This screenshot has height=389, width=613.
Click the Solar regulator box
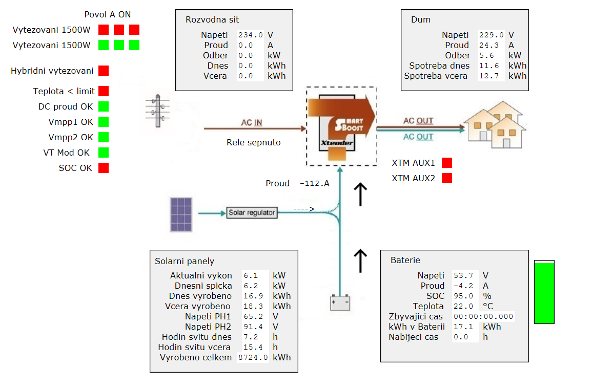(x=252, y=212)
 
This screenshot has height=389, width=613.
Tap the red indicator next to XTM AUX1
(x=447, y=163)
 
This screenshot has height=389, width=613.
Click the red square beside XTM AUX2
(x=447, y=178)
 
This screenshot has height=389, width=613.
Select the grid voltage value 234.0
(x=250, y=35)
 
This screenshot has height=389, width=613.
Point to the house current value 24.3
(x=489, y=46)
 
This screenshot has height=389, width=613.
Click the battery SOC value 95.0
(x=464, y=296)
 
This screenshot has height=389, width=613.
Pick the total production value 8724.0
(x=253, y=357)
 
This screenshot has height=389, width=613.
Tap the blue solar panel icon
(x=181, y=214)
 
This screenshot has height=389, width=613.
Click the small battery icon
(x=340, y=302)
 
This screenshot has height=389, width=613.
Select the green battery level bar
(x=544, y=293)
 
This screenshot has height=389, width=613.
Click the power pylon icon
(x=157, y=111)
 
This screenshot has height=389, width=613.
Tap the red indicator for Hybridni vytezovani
(x=104, y=71)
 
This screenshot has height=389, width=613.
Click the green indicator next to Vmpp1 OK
(x=104, y=122)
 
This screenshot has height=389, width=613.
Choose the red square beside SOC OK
(x=104, y=168)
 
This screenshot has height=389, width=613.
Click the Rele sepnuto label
(x=254, y=143)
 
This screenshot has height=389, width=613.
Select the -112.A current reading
(x=315, y=184)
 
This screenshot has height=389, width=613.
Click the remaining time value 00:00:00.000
(x=483, y=316)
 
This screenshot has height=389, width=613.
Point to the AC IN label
(x=252, y=122)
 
